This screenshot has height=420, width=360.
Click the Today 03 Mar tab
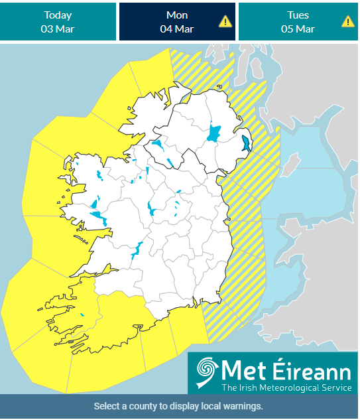58,22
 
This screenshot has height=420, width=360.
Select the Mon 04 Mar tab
176,22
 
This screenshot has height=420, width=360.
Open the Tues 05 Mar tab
298,22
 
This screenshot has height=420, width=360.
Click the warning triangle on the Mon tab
226,21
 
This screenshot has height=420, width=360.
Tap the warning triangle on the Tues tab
348,21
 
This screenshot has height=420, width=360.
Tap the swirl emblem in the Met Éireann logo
206,372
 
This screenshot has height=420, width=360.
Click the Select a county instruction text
178,406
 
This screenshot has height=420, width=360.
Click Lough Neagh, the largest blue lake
214,133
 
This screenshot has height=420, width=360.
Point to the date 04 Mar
176,29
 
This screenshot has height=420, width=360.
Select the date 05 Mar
298,29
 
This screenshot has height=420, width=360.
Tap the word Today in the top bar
58,15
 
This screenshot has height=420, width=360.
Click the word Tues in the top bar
298,15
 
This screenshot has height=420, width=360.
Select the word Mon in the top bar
176,15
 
